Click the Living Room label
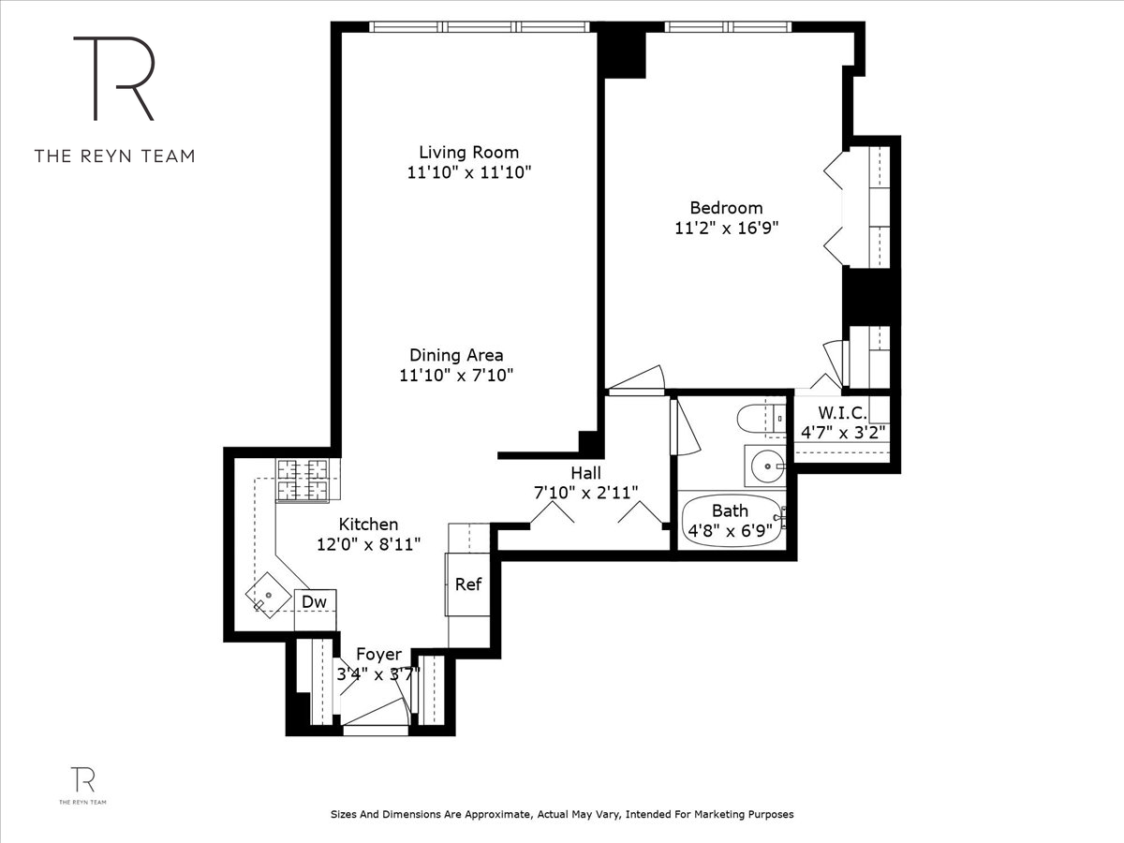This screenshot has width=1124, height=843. pos(468,152)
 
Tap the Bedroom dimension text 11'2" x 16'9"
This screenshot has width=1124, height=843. pos(727,228)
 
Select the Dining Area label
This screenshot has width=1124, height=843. pos(456,355)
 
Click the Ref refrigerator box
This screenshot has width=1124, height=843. pos(467,584)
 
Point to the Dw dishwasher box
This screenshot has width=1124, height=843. pos(316,601)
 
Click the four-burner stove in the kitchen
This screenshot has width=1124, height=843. pos(303,480)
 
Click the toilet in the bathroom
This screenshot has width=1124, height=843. pos(758,418)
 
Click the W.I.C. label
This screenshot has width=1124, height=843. pos(842,413)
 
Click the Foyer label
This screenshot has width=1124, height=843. pos(378,655)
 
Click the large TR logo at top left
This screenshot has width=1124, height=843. pos(113,79)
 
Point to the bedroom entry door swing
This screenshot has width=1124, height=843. pos(637,378)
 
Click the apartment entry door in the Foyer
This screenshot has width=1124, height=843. pos(375,714)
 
